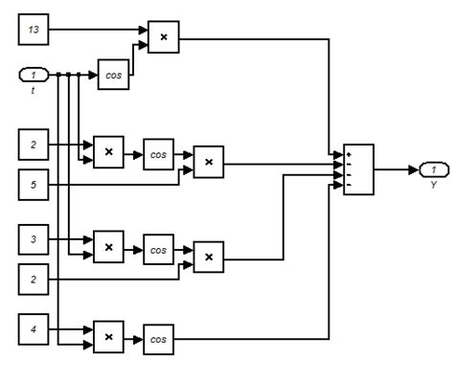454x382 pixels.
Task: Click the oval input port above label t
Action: [x=33, y=75]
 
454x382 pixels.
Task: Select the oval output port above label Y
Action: [x=433, y=169]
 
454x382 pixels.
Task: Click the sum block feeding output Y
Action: [x=358, y=169]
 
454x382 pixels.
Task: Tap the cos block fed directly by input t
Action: [x=112, y=75]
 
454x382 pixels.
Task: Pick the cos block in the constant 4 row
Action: [x=157, y=338]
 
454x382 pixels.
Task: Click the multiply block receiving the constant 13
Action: [x=163, y=37]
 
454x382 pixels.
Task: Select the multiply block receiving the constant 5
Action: [x=208, y=163]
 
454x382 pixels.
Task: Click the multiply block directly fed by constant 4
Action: [x=108, y=338]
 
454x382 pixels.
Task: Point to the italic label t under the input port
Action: [x=33, y=90]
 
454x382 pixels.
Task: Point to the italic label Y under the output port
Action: [x=433, y=184]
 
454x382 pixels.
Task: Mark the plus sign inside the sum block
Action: [x=350, y=152]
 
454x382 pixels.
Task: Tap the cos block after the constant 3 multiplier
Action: [x=157, y=248]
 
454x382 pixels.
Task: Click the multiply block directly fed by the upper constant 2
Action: [x=108, y=152]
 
